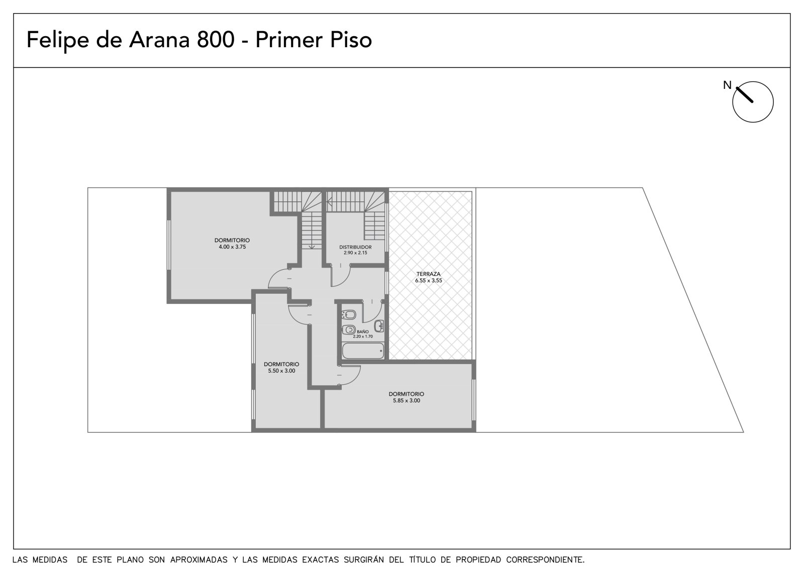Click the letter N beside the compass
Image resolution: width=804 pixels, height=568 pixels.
(x=727, y=85)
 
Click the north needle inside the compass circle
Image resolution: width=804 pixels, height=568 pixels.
(x=744, y=95)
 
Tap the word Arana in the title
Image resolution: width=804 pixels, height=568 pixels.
(x=159, y=40)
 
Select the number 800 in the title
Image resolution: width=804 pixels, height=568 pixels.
(x=216, y=40)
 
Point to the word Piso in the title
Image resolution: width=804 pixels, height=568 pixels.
(x=351, y=40)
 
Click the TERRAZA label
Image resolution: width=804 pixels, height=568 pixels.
(x=429, y=274)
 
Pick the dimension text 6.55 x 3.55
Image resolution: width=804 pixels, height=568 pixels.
(x=429, y=281)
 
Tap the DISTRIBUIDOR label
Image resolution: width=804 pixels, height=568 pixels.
(x=355, y=247)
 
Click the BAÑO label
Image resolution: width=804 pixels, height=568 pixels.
(x=362, y=332)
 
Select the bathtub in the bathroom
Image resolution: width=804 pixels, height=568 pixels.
(x=363, y=351)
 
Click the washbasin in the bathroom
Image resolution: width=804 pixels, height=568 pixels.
(x=379, y=326)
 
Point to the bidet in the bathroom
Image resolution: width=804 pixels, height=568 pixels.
(x=349, y=315)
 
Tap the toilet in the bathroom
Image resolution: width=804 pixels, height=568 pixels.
(x=349, y=330)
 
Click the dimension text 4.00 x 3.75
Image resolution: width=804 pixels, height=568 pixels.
(x=232, y=247)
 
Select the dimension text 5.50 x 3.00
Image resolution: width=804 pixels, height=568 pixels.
(x=281, y=371)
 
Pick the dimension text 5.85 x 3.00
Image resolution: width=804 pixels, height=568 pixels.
(x=407, y=401)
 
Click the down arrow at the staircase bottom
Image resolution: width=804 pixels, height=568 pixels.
(x=312, y=246)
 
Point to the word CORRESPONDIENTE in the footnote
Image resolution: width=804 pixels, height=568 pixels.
(x=545, y=560)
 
